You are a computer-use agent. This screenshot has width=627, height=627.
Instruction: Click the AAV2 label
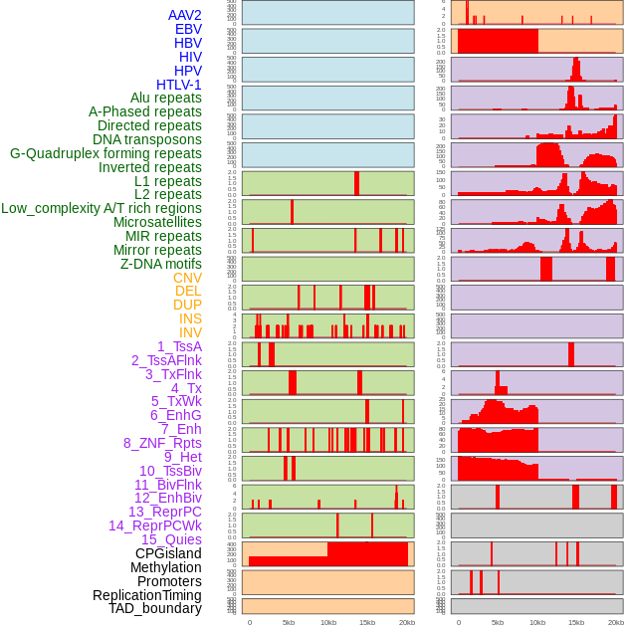click(x=185, y=15)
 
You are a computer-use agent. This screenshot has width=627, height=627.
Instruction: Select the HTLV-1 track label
click(x=179, y=85)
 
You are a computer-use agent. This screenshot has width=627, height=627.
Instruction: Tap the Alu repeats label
click(x=166, y=98)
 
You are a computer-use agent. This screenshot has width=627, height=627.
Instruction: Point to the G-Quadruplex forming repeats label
click(x=105, y=153)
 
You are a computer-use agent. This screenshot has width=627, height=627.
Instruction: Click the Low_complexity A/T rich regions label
click(x=102, y=208)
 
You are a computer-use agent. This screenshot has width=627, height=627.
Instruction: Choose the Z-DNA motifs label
click(x=161, y=264)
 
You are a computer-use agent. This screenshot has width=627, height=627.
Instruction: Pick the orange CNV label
click(x=187, y=278)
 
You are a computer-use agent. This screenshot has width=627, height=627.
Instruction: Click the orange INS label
click(x=190, y=318)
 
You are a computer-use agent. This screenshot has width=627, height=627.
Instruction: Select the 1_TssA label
click(x=179, y=346)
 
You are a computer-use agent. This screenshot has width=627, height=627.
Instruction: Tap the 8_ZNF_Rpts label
click(x=162, y=443)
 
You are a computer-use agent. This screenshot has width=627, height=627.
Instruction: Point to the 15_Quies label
click(x=171, y=539)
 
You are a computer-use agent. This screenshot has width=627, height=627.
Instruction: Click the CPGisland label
click(x=168, y=553)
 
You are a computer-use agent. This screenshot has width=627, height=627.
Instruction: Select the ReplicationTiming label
click(x=147, y=595)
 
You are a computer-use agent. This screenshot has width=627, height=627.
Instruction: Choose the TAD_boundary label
click(x=155, y=608)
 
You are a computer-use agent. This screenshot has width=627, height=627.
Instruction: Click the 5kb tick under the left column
click(x=289, y=622)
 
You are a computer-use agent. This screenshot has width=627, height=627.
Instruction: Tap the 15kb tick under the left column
click(x=367, y=622)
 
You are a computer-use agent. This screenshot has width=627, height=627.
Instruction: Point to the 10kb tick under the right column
click(x=537, y=622)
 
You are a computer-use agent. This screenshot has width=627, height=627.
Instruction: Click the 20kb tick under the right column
click(x=616, y=622)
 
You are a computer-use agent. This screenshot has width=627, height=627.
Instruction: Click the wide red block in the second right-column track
click(x=498, y=42)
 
